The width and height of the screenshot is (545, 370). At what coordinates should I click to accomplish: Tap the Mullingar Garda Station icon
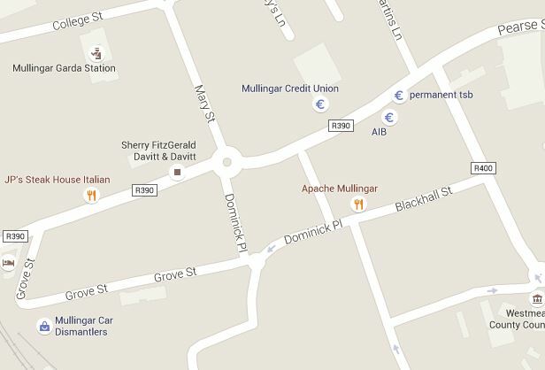[95, 52]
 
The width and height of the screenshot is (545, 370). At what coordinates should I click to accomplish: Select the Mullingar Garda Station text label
[64, 68]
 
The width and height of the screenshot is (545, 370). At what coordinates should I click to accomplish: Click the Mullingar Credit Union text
[290, 89]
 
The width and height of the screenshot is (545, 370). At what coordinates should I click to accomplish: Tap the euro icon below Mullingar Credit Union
[320, 105]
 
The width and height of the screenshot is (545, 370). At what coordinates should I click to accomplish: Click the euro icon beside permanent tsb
[399, 96]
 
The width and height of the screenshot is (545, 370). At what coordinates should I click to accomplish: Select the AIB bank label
[379, 132]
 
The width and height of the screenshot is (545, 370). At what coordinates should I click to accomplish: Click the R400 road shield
[483, 168]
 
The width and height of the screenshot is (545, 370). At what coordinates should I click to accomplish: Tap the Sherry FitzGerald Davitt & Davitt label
[158, 150]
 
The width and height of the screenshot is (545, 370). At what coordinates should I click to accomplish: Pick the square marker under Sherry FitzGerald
[177, 171]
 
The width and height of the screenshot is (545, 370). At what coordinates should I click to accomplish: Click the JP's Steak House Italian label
[58, 180]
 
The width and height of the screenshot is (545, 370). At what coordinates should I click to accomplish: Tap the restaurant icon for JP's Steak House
[90, 196]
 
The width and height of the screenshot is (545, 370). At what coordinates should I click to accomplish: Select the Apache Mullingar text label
[340, 189]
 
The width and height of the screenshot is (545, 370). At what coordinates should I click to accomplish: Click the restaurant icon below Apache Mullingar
[358, 205]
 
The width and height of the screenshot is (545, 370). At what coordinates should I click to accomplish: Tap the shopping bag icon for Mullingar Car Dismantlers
[44, 327]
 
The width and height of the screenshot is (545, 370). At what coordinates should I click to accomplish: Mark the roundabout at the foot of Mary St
[227, 162]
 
